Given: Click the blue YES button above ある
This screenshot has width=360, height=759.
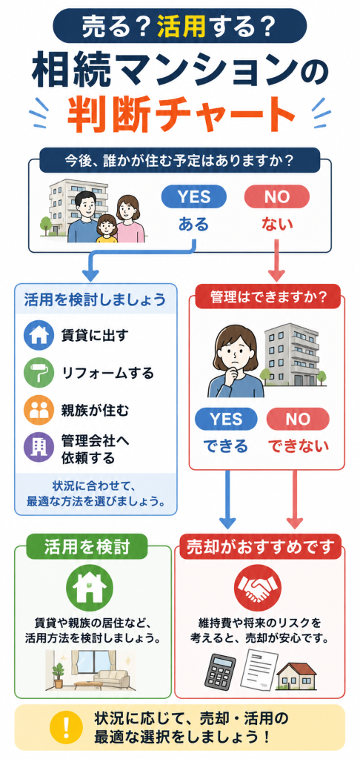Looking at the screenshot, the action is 193,197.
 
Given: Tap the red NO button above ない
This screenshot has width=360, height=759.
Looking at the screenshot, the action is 277,197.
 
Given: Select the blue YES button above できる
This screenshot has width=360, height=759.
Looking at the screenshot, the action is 226,419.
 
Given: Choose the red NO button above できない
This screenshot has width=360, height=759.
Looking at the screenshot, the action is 298,419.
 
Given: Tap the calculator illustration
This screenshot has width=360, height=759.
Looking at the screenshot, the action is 220,672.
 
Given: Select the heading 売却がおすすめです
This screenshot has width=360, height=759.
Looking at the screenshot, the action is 261,546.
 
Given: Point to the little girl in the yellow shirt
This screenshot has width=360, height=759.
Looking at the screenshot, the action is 107,228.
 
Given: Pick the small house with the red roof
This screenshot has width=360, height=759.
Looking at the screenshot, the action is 296,675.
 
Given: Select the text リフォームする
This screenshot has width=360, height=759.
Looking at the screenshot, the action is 107,374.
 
